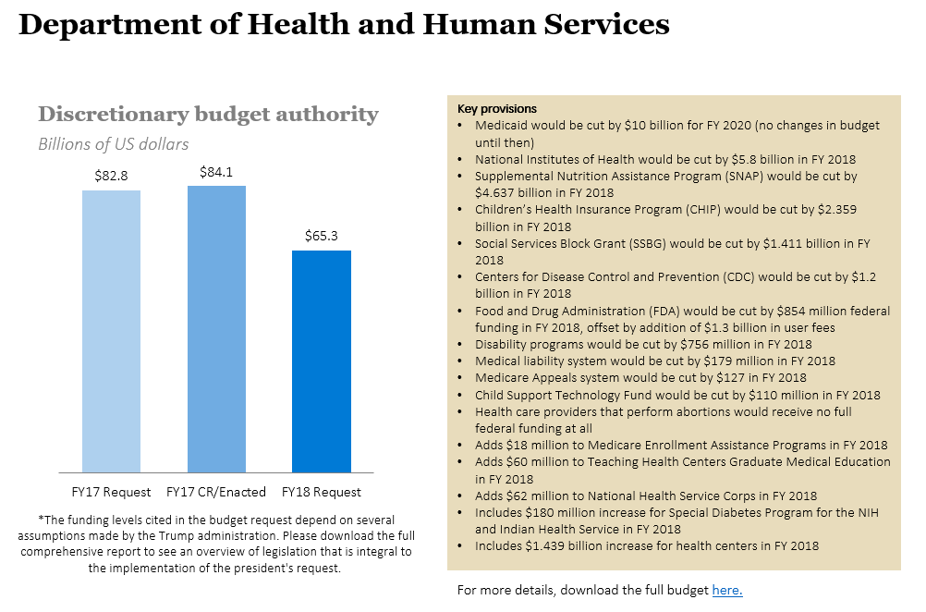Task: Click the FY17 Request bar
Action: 111,331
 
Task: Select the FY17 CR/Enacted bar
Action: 216,329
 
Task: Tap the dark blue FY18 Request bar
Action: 322,361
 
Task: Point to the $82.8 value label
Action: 111,175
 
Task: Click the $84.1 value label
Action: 216,171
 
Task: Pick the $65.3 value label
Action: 322,236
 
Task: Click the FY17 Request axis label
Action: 111,492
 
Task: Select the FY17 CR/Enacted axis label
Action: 216,492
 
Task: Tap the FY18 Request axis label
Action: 322,492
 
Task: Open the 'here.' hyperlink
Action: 727,590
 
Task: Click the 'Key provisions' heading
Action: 497,109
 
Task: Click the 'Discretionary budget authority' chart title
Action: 208,115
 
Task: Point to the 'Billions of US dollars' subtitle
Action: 113,144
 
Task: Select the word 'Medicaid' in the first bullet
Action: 501,125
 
